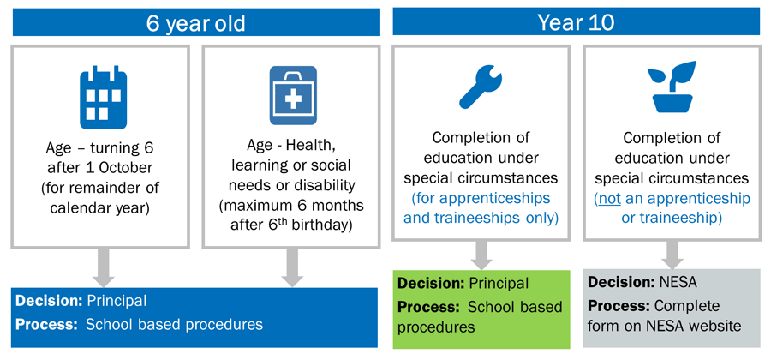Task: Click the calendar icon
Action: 104,97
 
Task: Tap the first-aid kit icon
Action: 293,95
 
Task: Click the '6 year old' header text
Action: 195,23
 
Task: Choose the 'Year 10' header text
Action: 576,22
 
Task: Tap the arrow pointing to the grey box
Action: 673,255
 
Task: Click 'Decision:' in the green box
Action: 430,284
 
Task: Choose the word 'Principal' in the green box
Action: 499,284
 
